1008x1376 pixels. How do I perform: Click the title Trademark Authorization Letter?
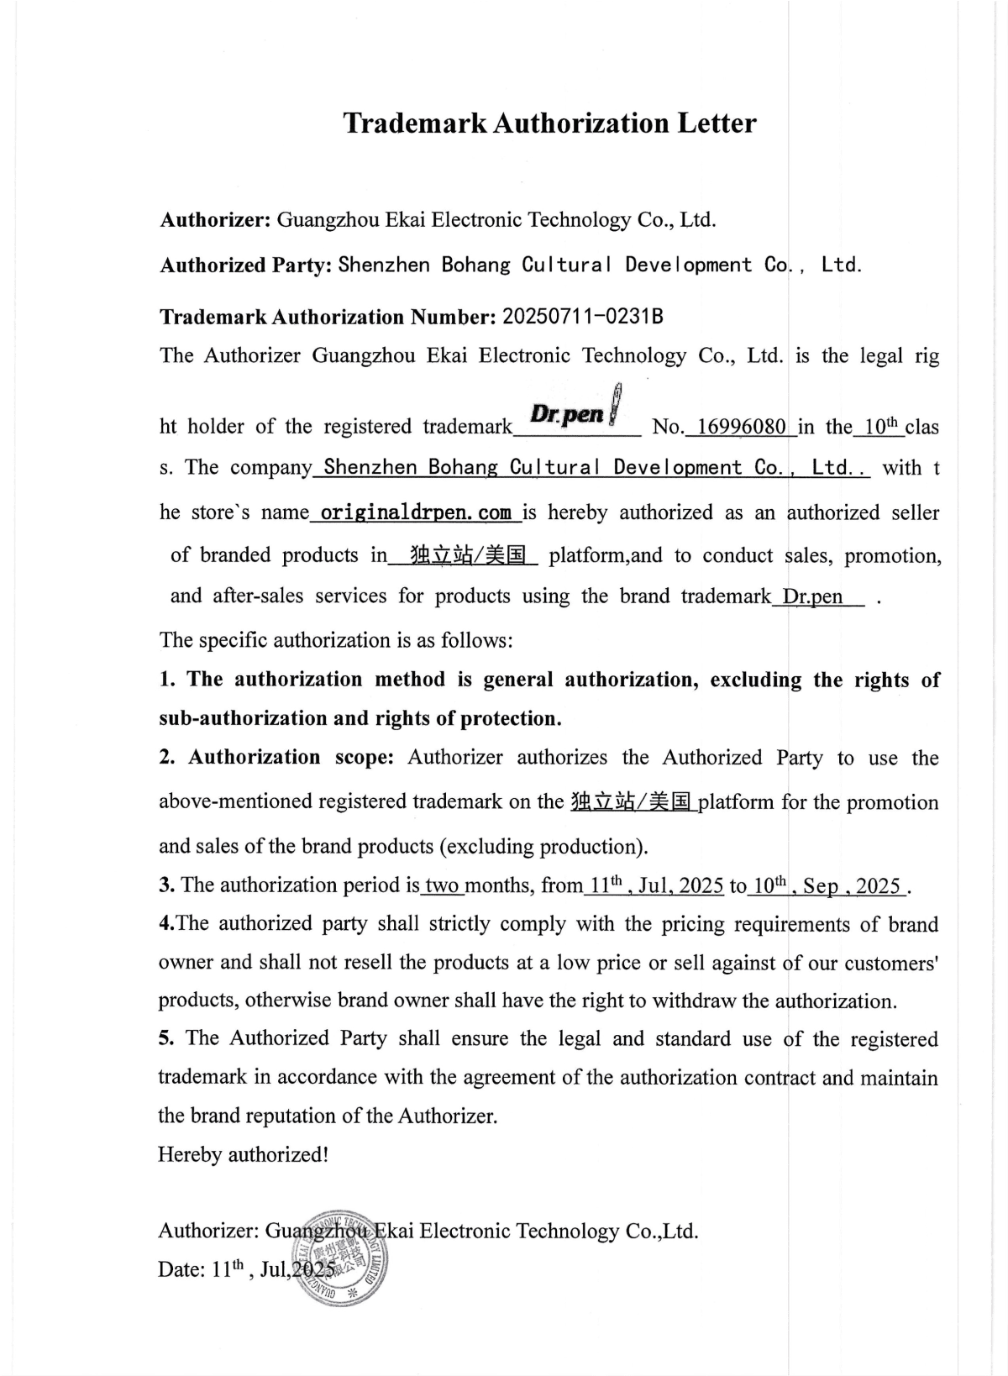pyautogui.click(x=549, y=123)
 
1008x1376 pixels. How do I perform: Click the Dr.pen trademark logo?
pyautogui.click(x=575, y=412)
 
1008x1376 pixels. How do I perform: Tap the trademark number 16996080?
pyautogui.click(x=741, y=427)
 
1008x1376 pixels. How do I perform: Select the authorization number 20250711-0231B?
pyautogui.click(x=582, y=317)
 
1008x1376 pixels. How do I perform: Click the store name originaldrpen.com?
pyautogui.click(x=416, y=512)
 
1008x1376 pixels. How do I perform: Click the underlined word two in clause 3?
pyautogui.click(x=440, y=885)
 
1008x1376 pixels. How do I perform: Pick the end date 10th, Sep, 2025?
pyautogui.click(x=827, y=885)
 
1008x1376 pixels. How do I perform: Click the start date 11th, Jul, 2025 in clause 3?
pyautogui.click(x=656, y=885)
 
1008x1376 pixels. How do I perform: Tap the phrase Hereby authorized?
pyautogui.click(x=243, y=1154)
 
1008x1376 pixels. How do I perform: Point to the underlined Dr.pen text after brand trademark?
pyautogui.click(x=812, y=596)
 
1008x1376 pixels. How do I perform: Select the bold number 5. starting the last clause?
pyautogui.click(x=166, y=1038)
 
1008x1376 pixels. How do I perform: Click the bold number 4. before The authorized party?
pyautogui.click(x=166, y=924)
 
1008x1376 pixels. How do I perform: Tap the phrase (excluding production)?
pyautogui.click(x=543, y=846)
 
